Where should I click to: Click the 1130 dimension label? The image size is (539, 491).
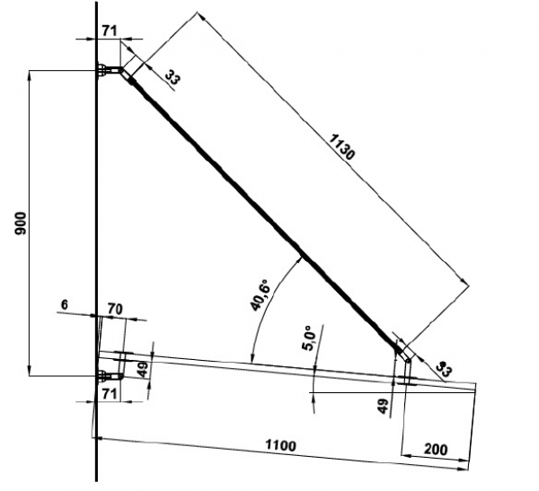(x=341, y=147)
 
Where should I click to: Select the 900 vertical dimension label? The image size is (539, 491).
(x=21, y=224)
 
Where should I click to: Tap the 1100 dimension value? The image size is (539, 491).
(x=281, y=445)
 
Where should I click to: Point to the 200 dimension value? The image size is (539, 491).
(x=436, y=449)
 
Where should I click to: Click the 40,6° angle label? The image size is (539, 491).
(x=261, y=296)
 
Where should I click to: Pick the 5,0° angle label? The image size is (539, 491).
(x=308, y=338)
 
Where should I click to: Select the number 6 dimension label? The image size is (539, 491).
(x=65, y=304)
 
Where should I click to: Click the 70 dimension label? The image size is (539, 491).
(x=115, y=310)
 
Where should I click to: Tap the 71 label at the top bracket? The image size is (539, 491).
(x=110, y=31)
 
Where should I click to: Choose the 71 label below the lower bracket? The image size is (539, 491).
(x=110, y=394)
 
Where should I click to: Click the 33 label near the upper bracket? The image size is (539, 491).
(x=172, y=78)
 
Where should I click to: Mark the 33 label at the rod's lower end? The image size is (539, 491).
(x=444, y=369)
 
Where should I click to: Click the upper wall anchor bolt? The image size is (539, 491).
(x=103, y=70)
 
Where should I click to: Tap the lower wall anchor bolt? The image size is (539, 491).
(x=104, y=376)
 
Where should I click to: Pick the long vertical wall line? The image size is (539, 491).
(x=97, y=241)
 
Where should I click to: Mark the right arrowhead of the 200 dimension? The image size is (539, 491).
(x=464, y=460)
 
